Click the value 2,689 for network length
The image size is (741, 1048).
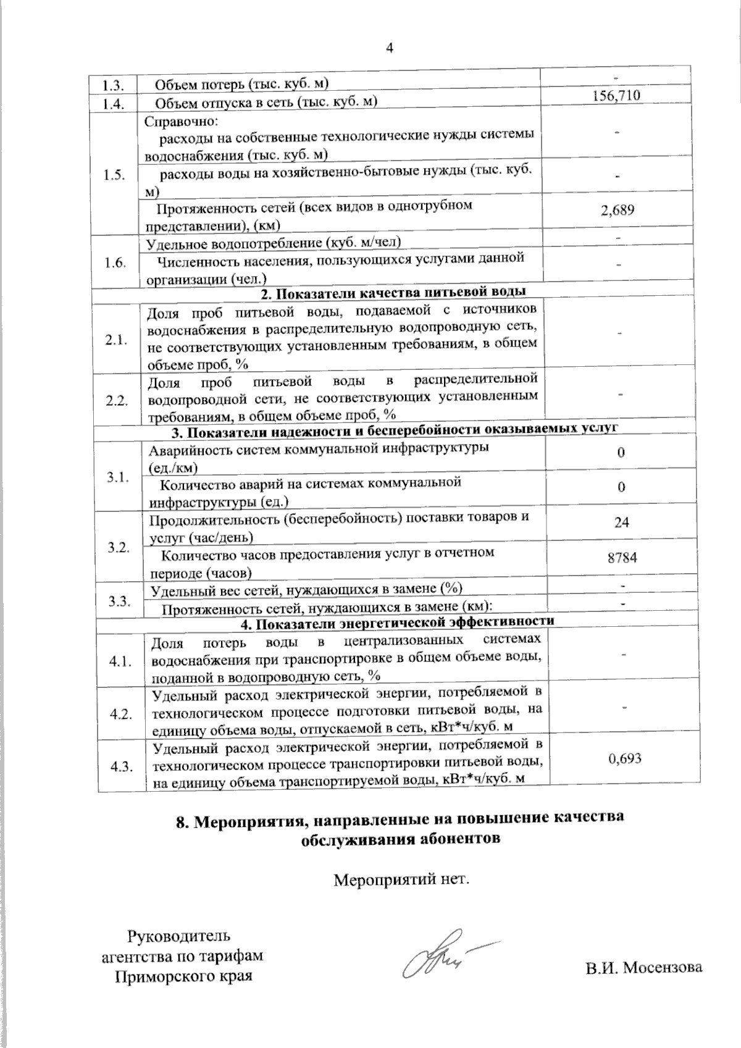coord(617,210)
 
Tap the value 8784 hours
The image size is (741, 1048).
coord(622,558)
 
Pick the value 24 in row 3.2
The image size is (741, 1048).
coord(621,522)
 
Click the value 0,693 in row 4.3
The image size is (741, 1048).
coord(624,758)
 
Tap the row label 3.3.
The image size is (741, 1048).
coord(118,601)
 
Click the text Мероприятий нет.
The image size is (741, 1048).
coord(402,879)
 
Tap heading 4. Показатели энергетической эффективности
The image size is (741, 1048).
coord(397,623)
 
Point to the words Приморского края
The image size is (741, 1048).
coord(184,977)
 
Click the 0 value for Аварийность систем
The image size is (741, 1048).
coord(621,453)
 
